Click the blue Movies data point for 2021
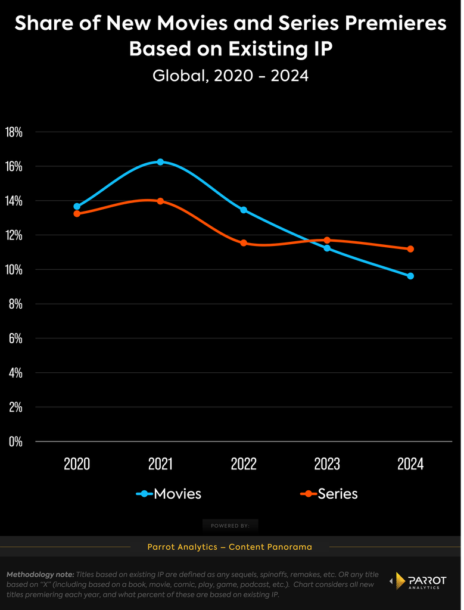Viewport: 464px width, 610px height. tap(160, 162)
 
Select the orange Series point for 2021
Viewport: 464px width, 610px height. tap(160, 201)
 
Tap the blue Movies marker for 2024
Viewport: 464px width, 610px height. tap(410, 276)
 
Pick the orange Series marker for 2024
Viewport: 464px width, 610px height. tap(410, 249)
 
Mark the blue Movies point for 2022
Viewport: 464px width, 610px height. tap(244, 210)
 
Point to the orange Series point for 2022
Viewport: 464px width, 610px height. tap(244, 243)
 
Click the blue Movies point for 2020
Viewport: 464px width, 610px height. tap(77, 206)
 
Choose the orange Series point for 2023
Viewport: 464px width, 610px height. tap(327, 240)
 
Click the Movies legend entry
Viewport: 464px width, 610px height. tap(169, 494)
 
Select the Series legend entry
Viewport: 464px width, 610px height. tap(329, 494)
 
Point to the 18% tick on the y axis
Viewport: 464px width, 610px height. tap(14, 132)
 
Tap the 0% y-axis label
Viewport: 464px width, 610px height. tap(16, 441)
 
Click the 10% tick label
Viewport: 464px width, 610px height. tap(14, 270)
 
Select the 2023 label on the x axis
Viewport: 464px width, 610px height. tap(327, 463)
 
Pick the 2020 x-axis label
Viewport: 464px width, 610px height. tap(77, 463)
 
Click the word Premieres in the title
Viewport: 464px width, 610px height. tap(396, 23)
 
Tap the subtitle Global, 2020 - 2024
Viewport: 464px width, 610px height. tap(231, 76)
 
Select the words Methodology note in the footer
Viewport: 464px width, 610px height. tap(40, 575)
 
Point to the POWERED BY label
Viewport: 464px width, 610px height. tap(231, 525)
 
